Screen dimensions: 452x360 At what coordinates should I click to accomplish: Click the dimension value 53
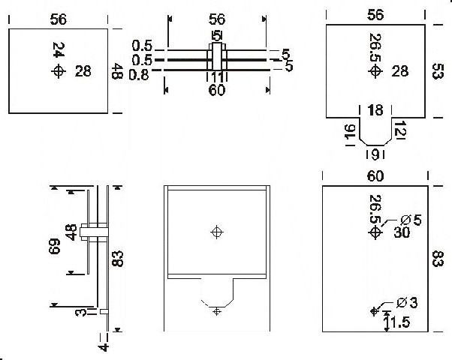click(x=438, y=71)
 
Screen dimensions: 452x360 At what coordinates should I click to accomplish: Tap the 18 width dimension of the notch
click(x=375, y=110)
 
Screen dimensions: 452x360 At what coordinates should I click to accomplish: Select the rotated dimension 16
click(x=350, y=131)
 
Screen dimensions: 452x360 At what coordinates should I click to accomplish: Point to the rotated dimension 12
click(x=399, y=130)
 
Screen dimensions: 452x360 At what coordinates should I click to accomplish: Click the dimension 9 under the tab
click(x=375, y=155)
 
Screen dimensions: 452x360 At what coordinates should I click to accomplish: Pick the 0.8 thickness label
click(x=139, y=75)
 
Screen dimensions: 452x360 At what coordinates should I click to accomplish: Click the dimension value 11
click(x=217, y=77)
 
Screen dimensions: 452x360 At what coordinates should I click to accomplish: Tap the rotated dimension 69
click(x=55, y=246)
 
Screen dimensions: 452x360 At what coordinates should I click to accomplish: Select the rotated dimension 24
click(x=59, y=49)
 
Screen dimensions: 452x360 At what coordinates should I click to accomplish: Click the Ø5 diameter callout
click(x=411, y=220)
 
